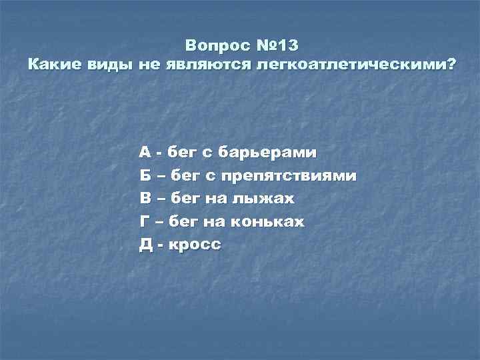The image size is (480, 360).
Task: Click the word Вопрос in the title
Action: tap(217, 47)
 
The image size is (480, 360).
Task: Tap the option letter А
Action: tap(145, 153)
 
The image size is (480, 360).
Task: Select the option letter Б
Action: tap(145, 176)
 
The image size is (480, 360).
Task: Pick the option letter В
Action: tap(145, 199)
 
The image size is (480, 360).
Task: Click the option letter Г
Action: tap(144, 221)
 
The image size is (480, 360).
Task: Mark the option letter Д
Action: tap(145, 245)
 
